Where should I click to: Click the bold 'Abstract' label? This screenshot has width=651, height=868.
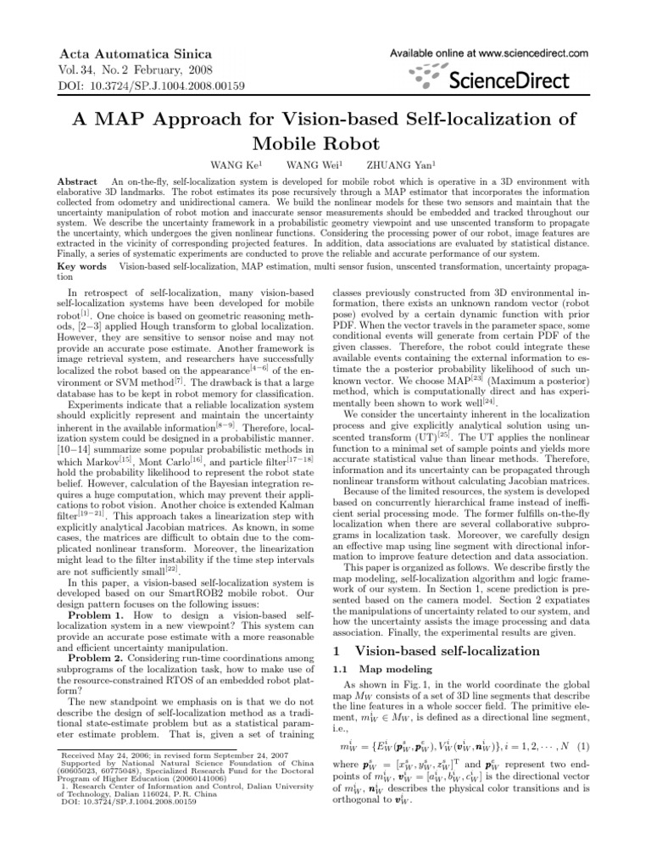(x=75, y=182)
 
